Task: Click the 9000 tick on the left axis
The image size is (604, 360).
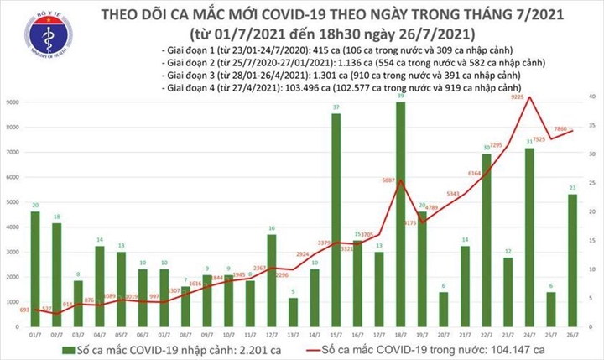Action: [12, 102]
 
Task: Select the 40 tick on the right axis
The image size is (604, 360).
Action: [591, 97]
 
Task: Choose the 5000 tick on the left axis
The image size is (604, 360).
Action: [12, 201]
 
